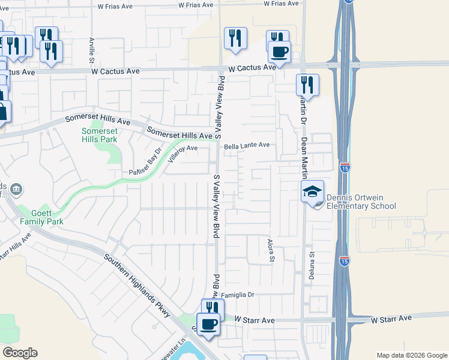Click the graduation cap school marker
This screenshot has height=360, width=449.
pyautogui.click(x=312, y=191)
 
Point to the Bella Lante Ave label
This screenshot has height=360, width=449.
pyautogui.click(x=247, y=146)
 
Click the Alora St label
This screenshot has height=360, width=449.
pyautogui.click(x=271, y=249)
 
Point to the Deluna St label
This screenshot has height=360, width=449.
pyautogui.click(x=313, y=263)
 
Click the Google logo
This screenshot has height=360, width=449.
pyautogui.click(x=20, y=353)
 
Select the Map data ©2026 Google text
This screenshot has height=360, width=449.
pyautogui.click(x=411, y=355)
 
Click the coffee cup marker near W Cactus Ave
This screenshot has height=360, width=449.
pyautogui.click(x=280, y=52)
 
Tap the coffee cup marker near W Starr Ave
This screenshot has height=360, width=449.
pyautogui.click(x=209, y=325)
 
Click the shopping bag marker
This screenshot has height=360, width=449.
pyautogui.click(x=2, y=112)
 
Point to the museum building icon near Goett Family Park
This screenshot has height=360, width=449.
pyautogui.click(x=16, y=190)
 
